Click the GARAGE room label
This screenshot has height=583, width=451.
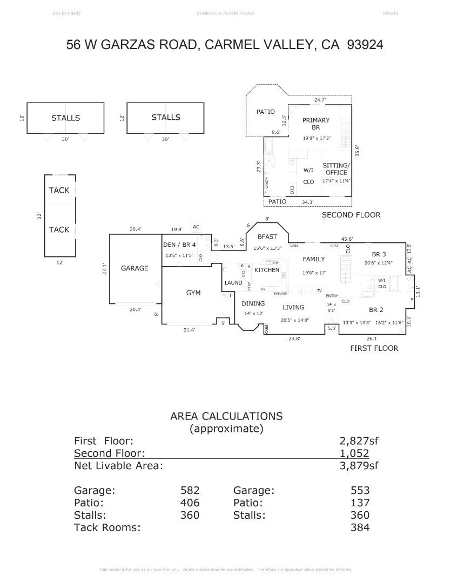click(134, 268)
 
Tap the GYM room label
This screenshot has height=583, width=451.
click(193, 293)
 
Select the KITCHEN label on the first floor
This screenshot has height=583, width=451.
click(267, 270)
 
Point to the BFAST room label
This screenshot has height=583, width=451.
click(267, 236)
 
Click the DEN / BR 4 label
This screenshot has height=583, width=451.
click(179, 245)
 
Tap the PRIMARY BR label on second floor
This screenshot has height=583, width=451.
click(316, 124)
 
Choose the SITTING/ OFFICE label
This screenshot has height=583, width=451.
click(336, 169)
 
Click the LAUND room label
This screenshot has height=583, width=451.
click(233, 283)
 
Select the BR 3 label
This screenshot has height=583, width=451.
click(379, 254)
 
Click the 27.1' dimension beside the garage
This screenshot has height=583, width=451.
click(105, 269)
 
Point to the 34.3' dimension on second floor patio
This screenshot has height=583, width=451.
click(308, 202)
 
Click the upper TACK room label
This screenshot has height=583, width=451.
click(59, 190)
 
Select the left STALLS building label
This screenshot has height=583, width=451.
click(65, 118)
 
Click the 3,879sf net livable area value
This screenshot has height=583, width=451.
click(359, 466)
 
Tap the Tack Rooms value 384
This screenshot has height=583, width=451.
click(360, 527)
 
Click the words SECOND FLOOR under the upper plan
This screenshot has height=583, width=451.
click(351, 215)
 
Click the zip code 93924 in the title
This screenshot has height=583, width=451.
click(362, 45)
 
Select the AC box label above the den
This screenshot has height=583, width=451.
click(196, 227)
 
